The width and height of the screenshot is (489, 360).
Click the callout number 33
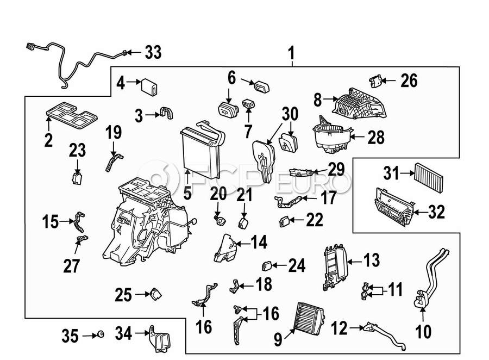point(153,53)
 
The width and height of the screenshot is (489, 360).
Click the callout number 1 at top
point(291,54)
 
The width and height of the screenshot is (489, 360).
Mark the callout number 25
point(123,295)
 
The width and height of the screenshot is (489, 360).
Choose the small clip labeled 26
point(374,80)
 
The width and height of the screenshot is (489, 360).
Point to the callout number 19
point(113,133)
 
